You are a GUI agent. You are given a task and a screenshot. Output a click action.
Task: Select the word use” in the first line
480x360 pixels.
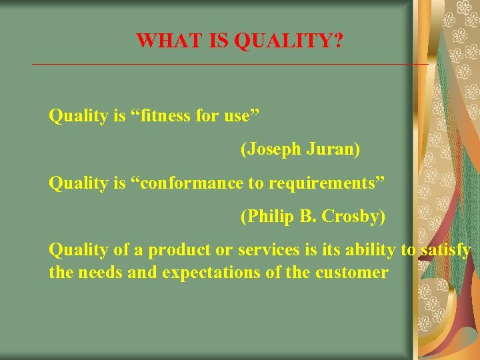[236, 116]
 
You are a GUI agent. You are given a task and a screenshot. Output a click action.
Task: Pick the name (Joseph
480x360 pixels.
[271, 149]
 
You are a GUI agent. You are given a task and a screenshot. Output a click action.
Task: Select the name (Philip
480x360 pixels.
[267, 217]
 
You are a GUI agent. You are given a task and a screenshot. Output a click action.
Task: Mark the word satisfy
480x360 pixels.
[445, 250]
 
